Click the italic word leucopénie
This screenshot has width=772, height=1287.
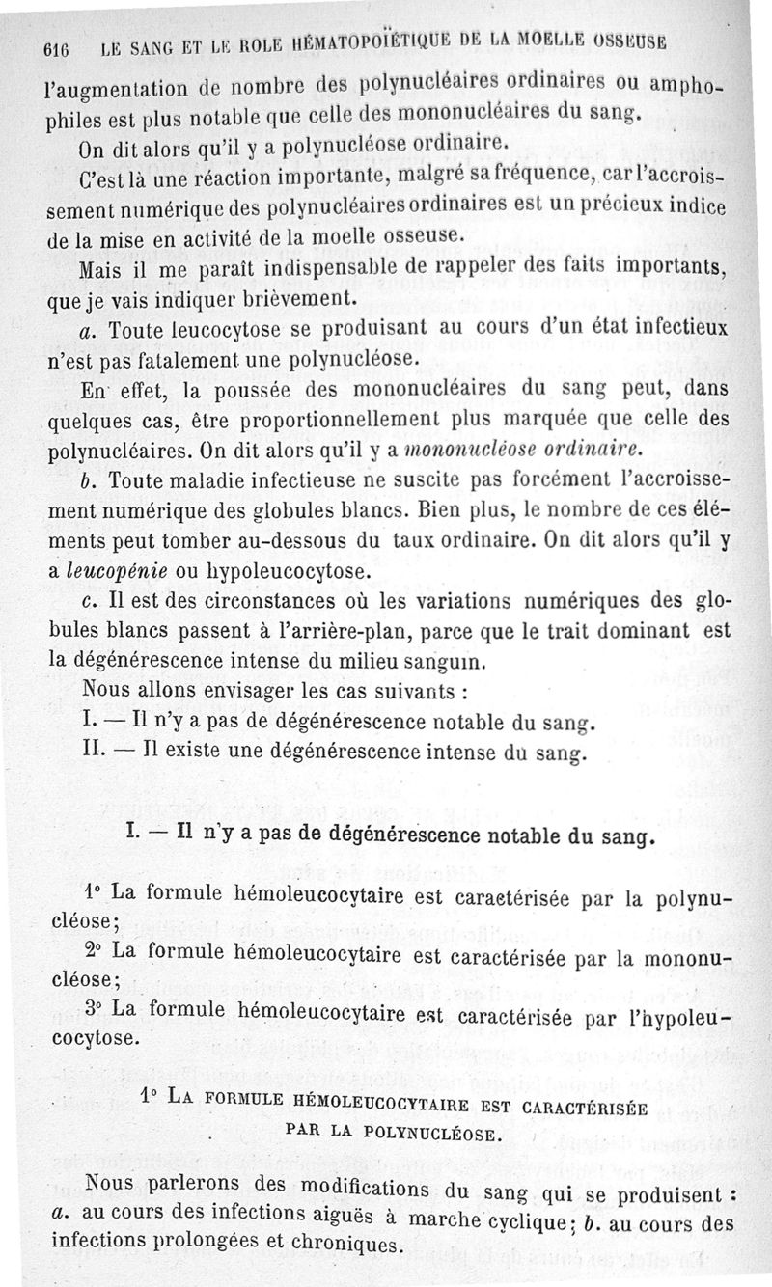pos(115,570)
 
